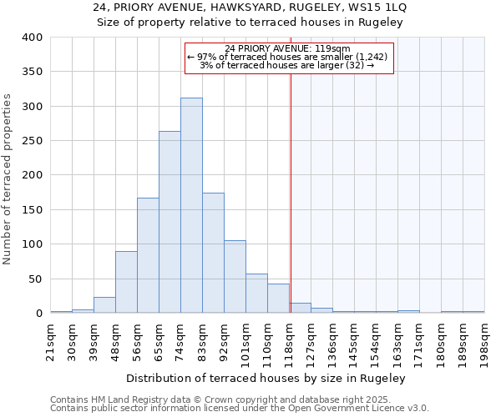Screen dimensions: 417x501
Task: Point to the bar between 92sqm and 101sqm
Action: coord(235,277)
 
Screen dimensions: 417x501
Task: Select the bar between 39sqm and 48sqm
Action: coord(104,305)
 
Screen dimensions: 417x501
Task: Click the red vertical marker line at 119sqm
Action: coord(291,183)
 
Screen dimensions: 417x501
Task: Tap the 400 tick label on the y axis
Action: coord(33,38)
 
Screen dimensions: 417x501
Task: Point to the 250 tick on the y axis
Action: coord(33,141)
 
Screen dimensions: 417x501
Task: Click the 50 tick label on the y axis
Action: coord(36,279)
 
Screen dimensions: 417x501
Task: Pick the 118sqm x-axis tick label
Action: coord(289,342)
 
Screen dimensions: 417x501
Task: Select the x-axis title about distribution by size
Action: coord(267,379)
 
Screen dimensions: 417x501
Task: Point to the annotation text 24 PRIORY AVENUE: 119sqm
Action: coord(288,48)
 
